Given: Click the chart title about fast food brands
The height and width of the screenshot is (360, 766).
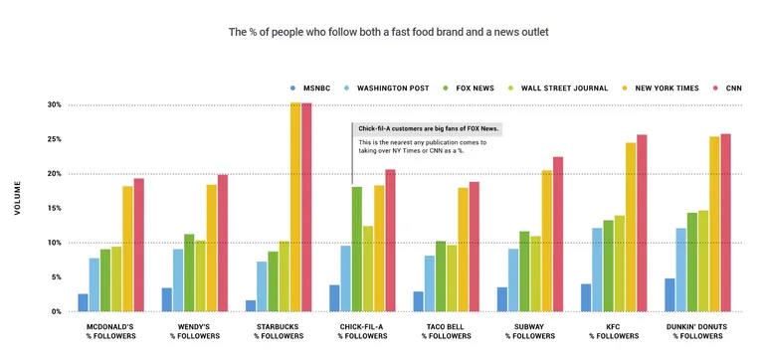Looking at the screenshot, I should tap(389, 32).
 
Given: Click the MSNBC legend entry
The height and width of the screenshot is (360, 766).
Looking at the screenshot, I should tap(313, 88).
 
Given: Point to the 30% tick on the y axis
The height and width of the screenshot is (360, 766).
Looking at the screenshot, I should tap(54, 104).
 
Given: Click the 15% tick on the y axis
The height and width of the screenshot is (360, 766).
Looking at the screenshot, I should tap(54, 208).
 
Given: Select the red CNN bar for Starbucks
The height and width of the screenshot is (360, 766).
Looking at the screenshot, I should tap(306, 207).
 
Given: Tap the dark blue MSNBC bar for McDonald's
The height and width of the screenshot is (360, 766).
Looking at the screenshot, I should tap(83, 302).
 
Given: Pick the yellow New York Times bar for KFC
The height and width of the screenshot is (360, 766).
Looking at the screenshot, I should tap(631, 227).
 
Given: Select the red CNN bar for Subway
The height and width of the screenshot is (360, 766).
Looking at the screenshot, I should tap(558, 234).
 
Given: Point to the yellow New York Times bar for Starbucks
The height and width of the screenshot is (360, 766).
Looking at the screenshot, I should tap(295, 207).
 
